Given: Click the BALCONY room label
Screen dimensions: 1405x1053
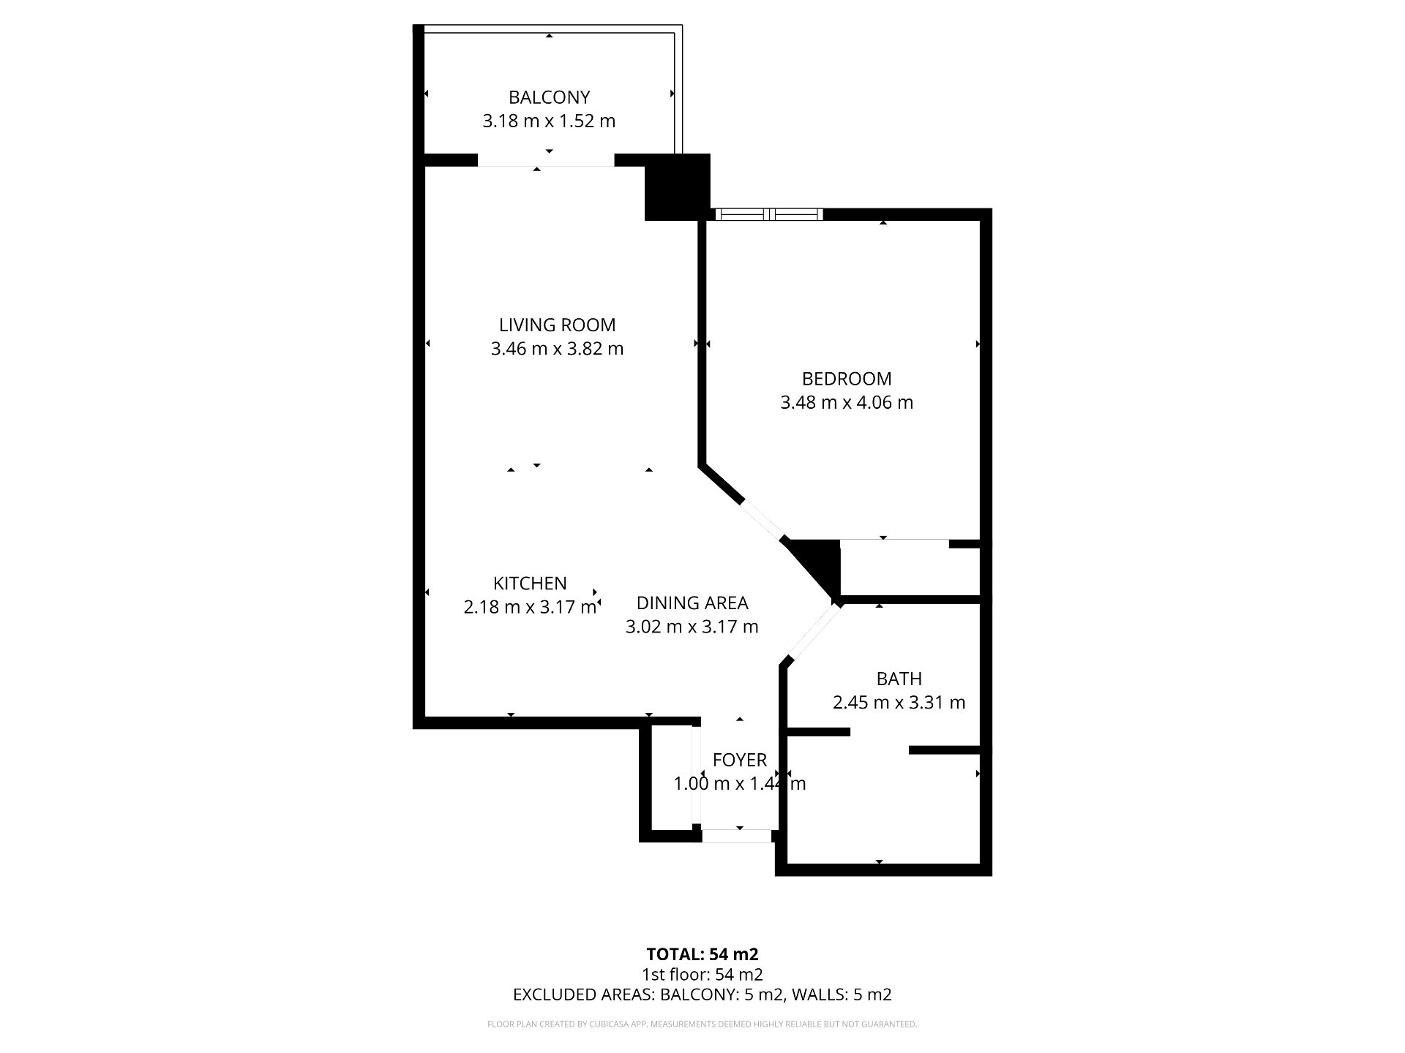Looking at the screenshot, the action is (549, 97).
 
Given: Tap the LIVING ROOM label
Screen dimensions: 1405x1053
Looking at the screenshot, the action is (557, 325).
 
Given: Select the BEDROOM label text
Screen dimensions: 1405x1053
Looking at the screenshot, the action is (847, 379).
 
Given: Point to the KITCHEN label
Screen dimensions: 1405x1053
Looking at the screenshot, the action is (530, 583).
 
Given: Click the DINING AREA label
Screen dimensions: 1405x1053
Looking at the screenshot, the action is (692, 603).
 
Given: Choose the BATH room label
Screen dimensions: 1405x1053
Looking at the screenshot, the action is (899, 679).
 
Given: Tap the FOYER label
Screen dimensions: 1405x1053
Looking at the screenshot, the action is (739, 760).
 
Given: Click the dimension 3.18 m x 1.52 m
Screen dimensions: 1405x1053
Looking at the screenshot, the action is (549, 121).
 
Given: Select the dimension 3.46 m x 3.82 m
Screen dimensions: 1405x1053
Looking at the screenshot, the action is (557, 348).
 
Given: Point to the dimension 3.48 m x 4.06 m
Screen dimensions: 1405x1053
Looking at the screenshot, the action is (847, 402).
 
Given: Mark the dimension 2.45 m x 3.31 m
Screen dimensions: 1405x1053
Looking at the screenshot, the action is (899, 702).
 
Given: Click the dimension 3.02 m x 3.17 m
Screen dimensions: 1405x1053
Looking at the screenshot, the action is (692, 626).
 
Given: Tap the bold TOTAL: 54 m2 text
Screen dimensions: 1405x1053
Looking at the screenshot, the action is (702, 954).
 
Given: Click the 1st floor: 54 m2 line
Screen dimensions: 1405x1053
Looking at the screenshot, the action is (702, 974).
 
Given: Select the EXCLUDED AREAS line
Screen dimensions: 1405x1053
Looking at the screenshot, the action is (702, 994).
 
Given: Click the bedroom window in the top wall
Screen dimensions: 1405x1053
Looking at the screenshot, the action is (768, 214).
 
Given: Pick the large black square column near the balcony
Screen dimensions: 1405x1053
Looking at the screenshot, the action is (678, 186).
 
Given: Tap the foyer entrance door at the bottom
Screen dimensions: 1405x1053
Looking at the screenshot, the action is (737, 836).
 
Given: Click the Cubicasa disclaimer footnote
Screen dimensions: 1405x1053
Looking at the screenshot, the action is (702, 1024).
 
